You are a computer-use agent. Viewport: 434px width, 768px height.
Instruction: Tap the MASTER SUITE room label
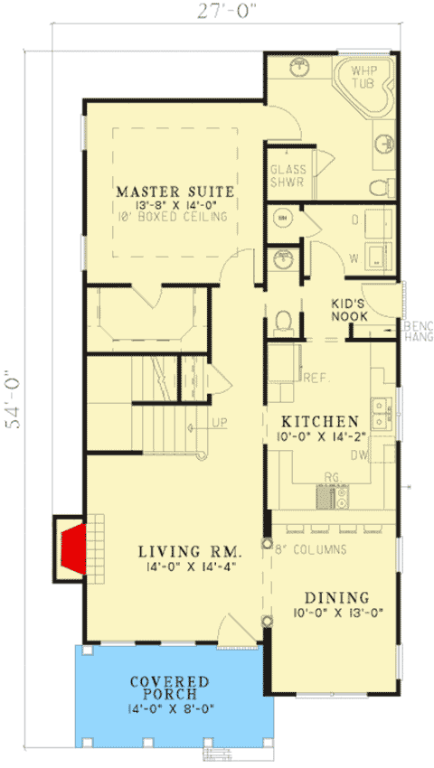[175, 192]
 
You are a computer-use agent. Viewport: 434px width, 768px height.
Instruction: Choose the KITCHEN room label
[320, 422]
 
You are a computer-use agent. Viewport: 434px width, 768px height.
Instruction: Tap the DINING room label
[335, 597]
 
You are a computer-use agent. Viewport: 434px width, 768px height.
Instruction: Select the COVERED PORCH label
[169, 688]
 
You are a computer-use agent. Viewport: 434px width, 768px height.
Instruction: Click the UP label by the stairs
[220, 422]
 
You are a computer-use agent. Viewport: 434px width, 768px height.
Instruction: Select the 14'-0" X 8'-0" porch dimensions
[169, 708]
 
